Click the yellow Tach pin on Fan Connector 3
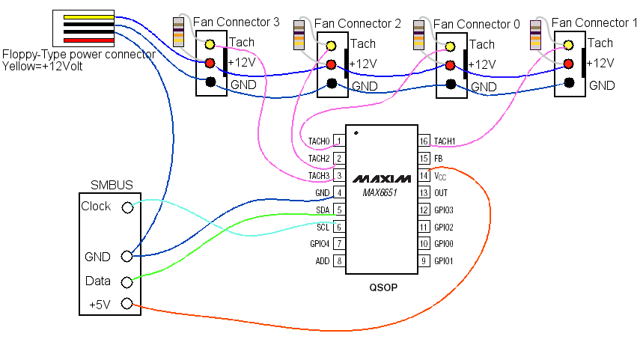210,44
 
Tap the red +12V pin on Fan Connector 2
332,64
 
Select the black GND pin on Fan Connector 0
451,85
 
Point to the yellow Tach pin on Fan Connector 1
568,45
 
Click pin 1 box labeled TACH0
339,141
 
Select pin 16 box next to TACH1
424,141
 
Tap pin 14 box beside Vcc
424,176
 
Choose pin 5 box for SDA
339,210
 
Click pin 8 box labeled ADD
339,260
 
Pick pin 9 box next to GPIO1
424,260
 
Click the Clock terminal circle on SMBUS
127,208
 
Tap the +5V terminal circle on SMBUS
127,303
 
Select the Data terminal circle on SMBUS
127,282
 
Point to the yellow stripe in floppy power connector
88,17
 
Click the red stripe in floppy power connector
88,40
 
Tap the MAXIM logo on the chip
382,179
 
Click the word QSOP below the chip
383,287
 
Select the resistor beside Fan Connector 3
178,32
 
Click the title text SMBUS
112,185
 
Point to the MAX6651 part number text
380,192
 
